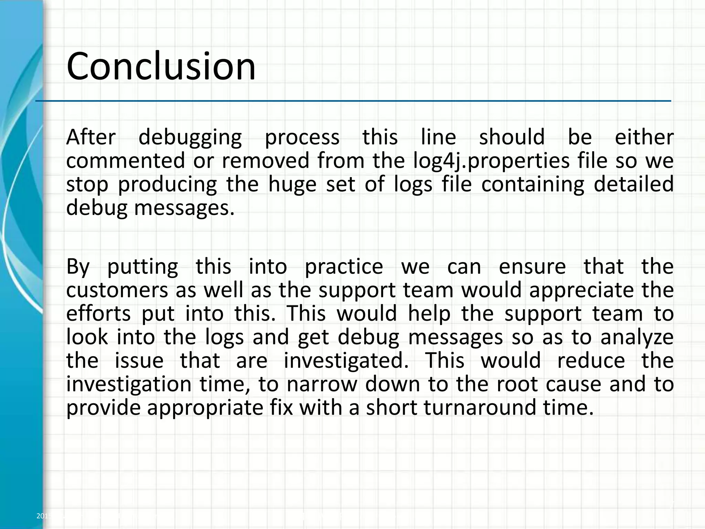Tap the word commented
tap(126, 160)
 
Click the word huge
tap(292, 185)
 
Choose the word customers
tap(117, 290)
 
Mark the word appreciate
tap(581, 291)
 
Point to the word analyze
tap(637, 338)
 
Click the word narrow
tap(322, 384)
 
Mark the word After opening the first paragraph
tap(91, 137)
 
